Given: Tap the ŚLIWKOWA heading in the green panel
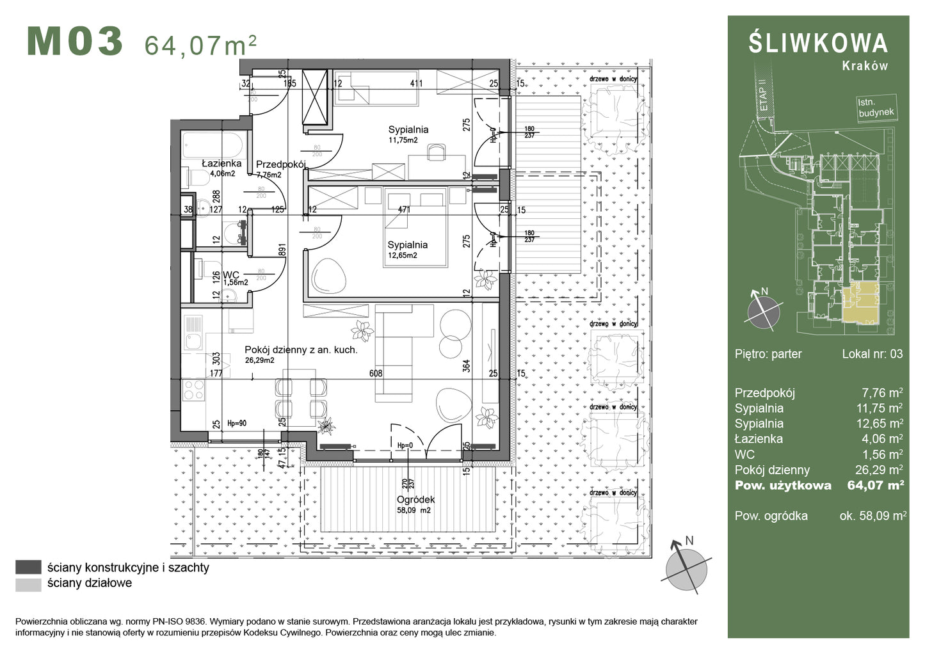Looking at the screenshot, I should (x=818, y=43).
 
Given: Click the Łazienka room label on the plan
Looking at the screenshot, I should (x=221, y=163).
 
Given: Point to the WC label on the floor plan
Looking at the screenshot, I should (x=230, y=275).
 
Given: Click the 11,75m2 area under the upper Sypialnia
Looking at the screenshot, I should (x=403, y=140).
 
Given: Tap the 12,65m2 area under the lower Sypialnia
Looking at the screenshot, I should (x=402, y=255).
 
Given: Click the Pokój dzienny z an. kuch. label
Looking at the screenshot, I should (x=301, y=350).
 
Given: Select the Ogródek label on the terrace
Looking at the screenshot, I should (x=415, y=499).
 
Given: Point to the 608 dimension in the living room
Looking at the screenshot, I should (x=376, y=373).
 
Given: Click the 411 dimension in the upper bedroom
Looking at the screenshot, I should (x=416, y=83).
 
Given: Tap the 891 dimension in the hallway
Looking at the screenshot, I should (x=282, y=250).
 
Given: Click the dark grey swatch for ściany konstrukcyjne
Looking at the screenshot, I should (x=28, y=567).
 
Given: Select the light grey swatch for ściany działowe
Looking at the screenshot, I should (x=28, y=583).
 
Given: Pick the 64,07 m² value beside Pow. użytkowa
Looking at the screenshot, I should (x=875, y=485).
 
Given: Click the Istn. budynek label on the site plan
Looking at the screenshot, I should (x=875, y=108).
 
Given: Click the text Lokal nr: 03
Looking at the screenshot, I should (x=872, y=354).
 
